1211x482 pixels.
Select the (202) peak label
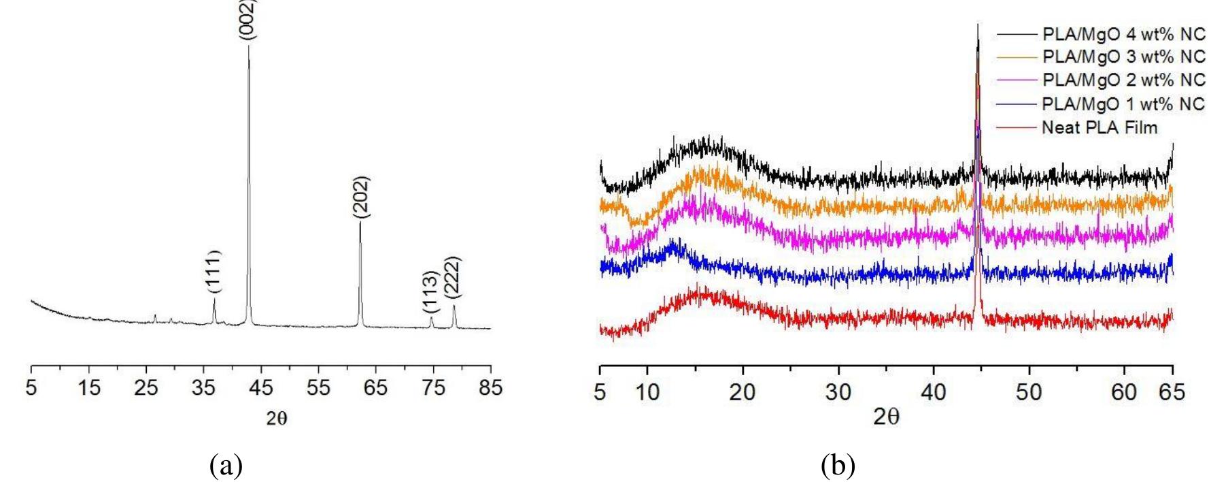(361, 197)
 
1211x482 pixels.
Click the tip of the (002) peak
(248, 46)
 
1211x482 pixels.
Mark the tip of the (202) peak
(360, 223)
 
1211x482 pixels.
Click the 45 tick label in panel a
(261, 389)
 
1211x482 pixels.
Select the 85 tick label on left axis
(490, 389)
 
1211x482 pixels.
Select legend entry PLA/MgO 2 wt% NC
(1122, 81)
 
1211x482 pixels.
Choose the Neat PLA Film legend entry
(1099, 127)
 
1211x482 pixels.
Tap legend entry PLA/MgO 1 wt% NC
(1122, 103)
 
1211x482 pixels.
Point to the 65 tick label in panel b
(1172, 393)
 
